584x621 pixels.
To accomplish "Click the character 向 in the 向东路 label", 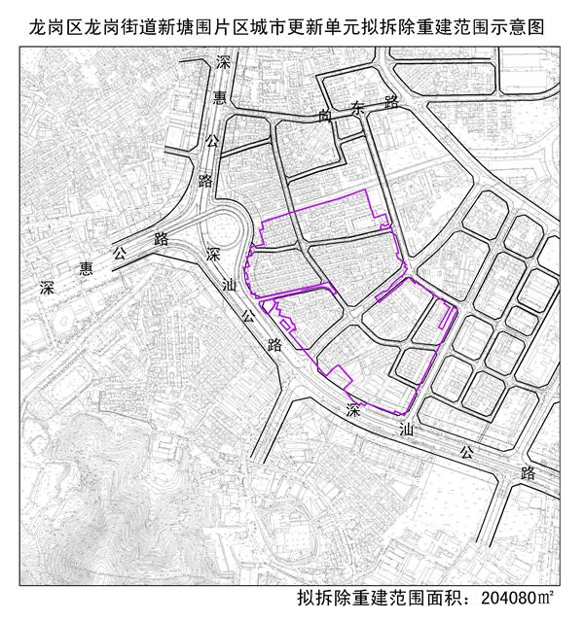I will pos(325,114).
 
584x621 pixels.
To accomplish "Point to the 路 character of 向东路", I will pos(391,99).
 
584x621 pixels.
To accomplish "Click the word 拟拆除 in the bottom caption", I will pos(319,597).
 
